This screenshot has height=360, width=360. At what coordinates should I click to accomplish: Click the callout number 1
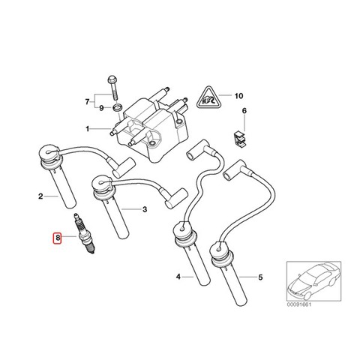coord(88,129)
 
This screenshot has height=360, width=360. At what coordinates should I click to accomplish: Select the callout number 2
coord(40,196)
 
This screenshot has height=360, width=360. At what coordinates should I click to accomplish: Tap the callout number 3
coord(145,209)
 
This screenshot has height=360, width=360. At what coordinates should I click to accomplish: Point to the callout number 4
coord(178,277)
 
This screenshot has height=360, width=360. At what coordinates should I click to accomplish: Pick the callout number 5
coord(260,277)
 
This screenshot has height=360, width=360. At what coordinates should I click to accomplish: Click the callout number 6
coord(244,110)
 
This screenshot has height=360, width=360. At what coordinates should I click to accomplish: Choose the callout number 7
coord(87,102)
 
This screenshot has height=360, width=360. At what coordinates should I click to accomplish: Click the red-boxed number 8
coord(58,237)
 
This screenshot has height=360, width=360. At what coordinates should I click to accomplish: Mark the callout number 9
coord(101,108)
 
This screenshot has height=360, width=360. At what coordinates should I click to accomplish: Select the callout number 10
coord(238,95)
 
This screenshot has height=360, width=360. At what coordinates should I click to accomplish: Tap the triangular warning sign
coord(208,98)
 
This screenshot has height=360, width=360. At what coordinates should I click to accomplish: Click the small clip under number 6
coord(240,139)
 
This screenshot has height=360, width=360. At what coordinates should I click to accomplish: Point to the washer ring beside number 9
coord(117,108)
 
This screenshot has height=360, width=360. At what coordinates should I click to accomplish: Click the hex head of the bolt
coord(112,79)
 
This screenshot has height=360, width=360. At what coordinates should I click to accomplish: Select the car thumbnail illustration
coord(314,281)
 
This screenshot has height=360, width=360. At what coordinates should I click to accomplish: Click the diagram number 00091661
coord(299,304)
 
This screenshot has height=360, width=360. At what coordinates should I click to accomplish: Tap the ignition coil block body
coord(153,129)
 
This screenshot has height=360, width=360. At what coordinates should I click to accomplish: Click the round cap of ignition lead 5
coord(222,253)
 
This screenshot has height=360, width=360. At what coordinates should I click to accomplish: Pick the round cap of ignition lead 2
coord(49,154)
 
